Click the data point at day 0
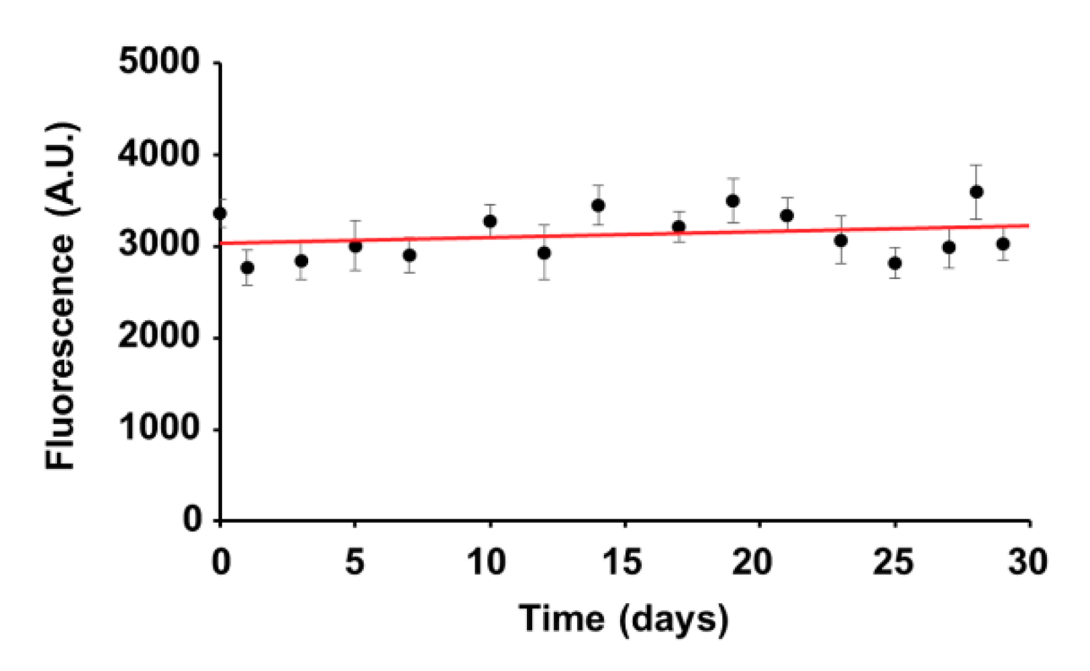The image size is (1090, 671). (220, 213)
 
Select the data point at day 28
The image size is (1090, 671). (977, 192)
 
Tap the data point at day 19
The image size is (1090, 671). (733, 201)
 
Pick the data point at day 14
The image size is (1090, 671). (598, 205)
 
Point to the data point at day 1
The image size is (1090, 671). (247, 268)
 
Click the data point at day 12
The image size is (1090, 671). (544, 253)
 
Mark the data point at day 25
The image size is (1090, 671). (895, 263)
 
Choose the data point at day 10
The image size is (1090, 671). (490, 221)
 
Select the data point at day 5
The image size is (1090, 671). (355, 246)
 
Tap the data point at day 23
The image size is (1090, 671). (841, 240)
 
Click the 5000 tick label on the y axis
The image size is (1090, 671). (159, 62)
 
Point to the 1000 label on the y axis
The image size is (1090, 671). (159, 427)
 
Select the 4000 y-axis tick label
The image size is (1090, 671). (159, 154)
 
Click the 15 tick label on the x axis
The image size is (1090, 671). (622, 562)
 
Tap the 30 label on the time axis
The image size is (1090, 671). (1028, 562)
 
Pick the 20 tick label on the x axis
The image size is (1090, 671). (752, 562)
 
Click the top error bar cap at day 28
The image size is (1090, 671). (977, 165)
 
